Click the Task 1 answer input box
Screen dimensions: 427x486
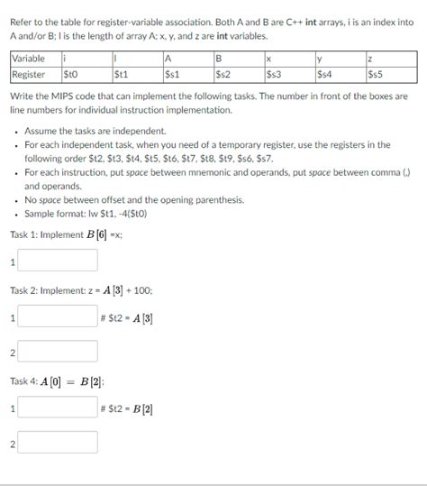tap(58, 261)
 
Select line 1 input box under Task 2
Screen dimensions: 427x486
tap(58, 317)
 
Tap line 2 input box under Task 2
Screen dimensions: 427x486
tap(58, 353)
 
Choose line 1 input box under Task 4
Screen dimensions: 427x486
tap(58, 408)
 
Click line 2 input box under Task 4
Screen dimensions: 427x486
tap(58, 443)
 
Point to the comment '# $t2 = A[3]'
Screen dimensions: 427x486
tap(129, 318)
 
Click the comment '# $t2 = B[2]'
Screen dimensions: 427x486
tap(129, 408)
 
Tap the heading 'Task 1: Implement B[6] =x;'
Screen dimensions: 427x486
tap(67, 234)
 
